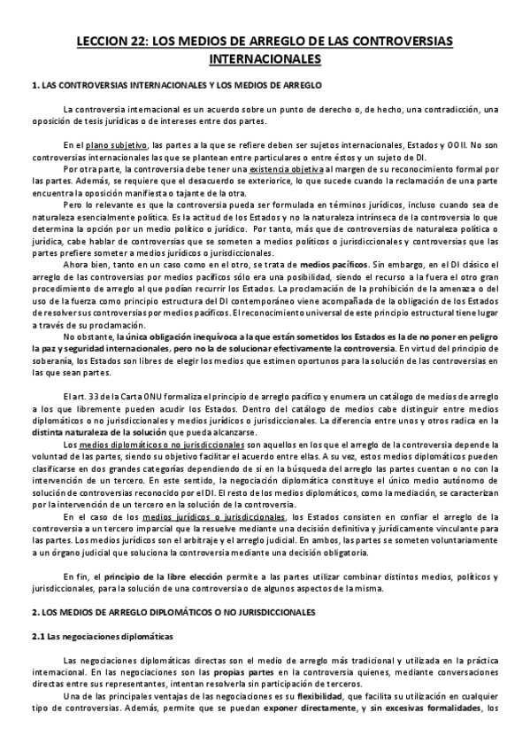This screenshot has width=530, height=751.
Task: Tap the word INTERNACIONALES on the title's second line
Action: coord(265,59)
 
